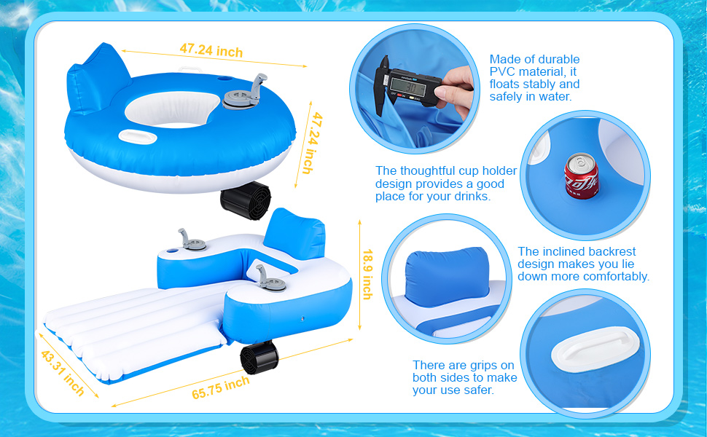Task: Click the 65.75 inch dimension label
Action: point(221,387)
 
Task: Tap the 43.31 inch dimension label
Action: point(63,373)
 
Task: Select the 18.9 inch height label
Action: point(367,275)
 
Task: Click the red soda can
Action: point(582,176)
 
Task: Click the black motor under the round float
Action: point(246,200)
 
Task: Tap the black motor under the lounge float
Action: point(259,358)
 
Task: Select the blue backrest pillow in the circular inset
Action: point(447,276)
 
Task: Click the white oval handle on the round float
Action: point(138,137)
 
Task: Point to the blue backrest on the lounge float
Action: point(294,234)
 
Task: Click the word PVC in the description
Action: point(503,71)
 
